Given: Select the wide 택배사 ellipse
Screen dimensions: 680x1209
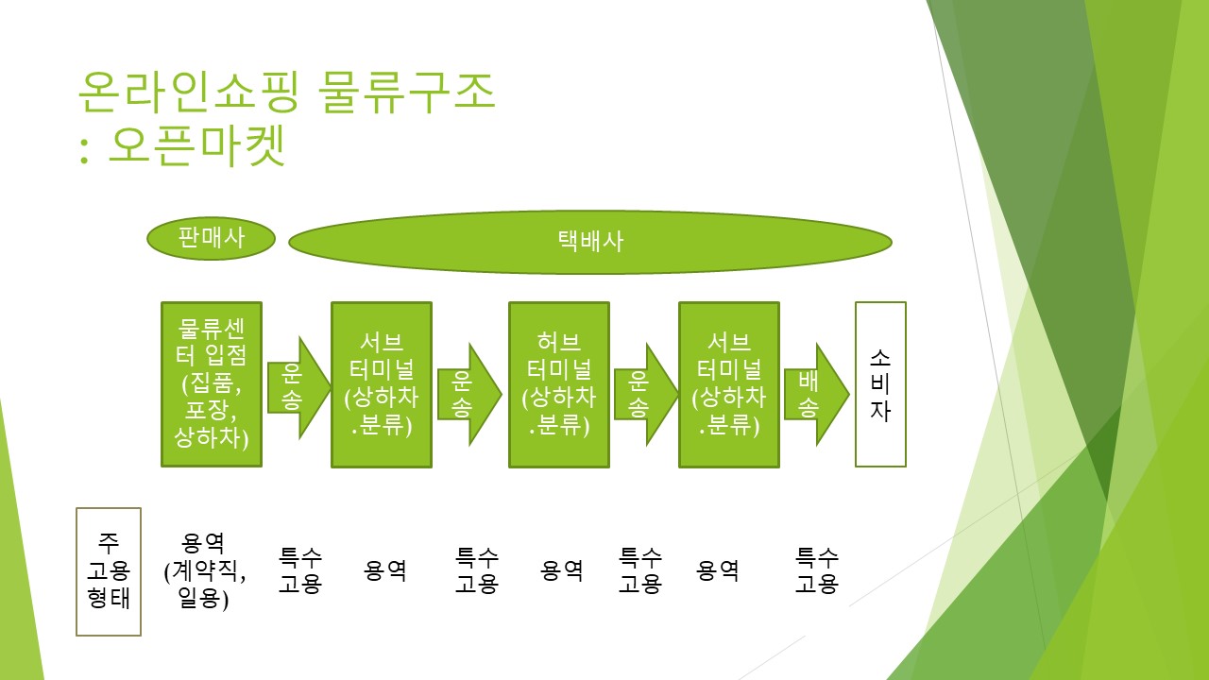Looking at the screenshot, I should coord(590,242).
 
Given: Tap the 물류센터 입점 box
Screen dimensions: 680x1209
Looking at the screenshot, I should coord(212,383).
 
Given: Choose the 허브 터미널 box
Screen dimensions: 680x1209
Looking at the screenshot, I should coord(559,383).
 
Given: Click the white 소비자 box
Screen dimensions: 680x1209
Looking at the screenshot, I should coord(880,383).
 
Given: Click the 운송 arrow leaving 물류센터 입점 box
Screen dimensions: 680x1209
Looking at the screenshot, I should coord(297,387).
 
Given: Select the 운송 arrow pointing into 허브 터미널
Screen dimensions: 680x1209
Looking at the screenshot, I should coord(467,394).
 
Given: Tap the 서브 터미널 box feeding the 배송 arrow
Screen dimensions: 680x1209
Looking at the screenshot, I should coord(729,383).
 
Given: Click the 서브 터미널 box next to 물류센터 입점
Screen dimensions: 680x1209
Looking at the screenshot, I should coord(382,383).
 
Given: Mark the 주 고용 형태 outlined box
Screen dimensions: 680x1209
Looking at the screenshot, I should coord(109,571).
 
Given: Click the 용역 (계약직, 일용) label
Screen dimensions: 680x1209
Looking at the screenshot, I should coord(204,570).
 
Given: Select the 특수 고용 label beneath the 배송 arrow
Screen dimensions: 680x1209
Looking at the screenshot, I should coord(817,570).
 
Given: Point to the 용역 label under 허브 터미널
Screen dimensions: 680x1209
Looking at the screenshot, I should coord(562,570).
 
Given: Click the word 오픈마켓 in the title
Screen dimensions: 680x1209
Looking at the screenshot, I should coord(197,146).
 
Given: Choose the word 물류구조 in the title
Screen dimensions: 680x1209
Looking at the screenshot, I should coord(407,92).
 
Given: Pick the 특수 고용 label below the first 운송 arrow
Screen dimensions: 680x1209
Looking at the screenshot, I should coord(300,570).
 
